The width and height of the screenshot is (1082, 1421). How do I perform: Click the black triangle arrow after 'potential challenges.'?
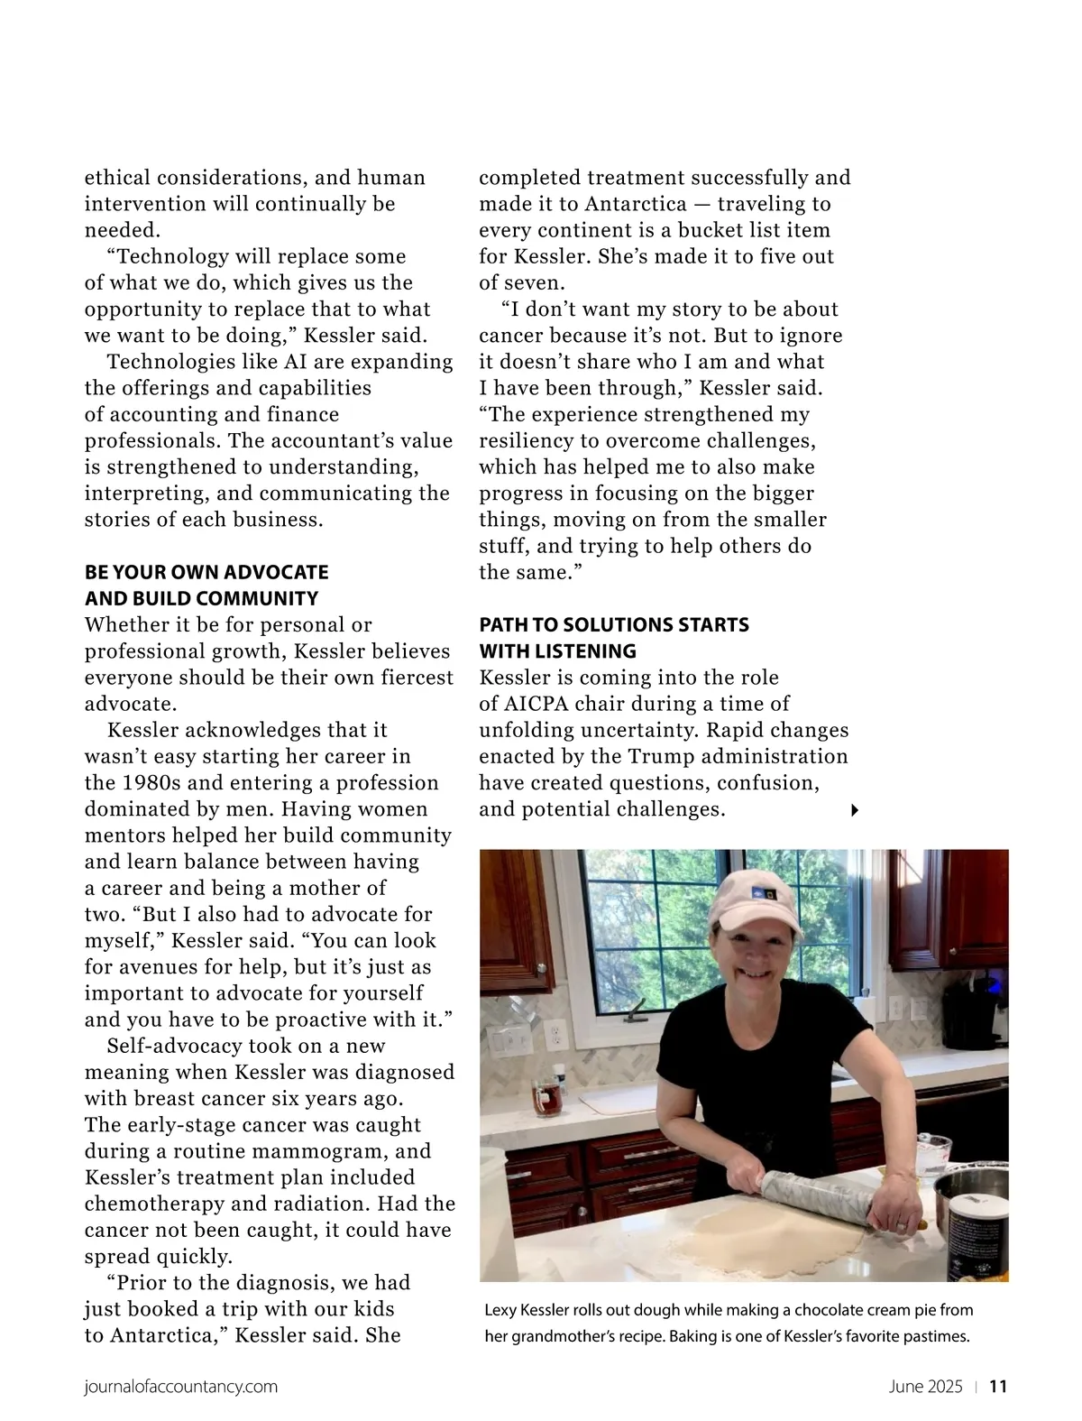855,810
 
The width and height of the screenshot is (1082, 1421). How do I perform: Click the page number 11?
998,1387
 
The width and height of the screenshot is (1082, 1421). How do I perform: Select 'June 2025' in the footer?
925,1387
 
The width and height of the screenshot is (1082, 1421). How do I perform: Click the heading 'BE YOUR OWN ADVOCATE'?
206,572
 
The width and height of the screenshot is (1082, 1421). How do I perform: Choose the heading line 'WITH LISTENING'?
557,651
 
